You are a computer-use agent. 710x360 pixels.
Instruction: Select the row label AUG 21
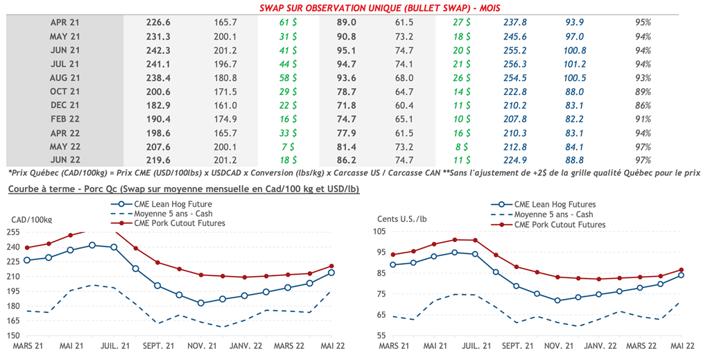pyautogui.click(x=65, y=78)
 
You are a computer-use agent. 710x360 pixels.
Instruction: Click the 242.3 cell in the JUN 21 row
pyautogui.click(x=158, y=50)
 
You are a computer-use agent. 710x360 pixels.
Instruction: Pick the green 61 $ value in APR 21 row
pyautogui.click(x=284, y=22)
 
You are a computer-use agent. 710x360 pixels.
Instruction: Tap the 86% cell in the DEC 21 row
pyautogui.click(x=643, y=105)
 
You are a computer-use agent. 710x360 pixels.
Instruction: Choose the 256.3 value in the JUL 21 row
pyautogui.click(x=516, y=64)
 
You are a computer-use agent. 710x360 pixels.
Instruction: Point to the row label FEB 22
pyautogui.click(x=65, y=119)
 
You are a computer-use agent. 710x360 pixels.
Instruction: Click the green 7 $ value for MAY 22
pyautogui.click(x=286, y=147)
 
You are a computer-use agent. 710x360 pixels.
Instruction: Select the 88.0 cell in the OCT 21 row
pyautogui.click(x=575, y=92)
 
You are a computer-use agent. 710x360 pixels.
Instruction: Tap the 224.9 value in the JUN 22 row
pyautogui.click(x=516, y=161)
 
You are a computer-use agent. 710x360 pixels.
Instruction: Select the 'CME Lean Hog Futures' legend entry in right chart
pyautogui.click(x=554, y=205)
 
